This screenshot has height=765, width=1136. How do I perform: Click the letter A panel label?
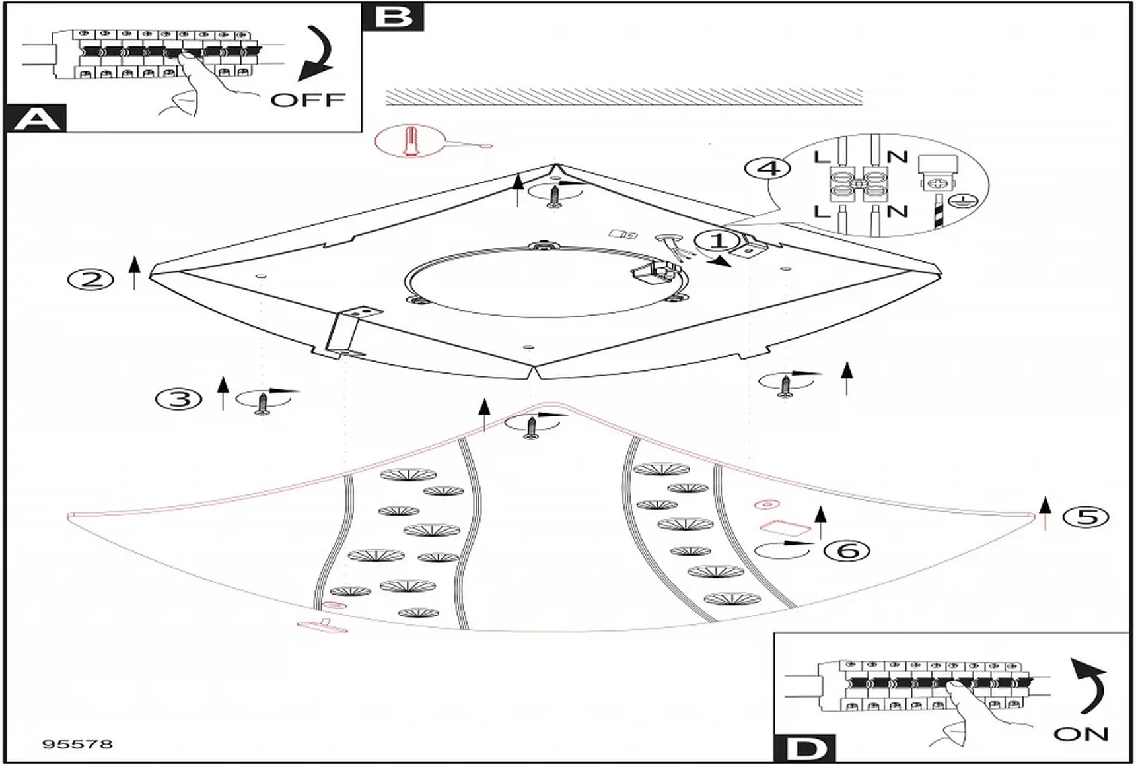coord(37,119)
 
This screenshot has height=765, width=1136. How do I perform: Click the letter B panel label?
coord(393,17)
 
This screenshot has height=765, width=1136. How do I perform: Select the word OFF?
coord(308,100)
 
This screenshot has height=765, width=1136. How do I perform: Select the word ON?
coord(1081,733)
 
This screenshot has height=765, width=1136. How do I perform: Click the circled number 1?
coord(719,240)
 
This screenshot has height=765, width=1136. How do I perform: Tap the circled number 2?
coord(90,279)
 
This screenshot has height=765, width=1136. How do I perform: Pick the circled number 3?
coord(178,399)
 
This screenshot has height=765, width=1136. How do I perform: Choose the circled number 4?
coord(767,168)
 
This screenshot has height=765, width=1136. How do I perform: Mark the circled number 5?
coord(1086,516)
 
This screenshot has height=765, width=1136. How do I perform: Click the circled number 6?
coord(848,550)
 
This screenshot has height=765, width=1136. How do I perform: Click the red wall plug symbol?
coord(410,141)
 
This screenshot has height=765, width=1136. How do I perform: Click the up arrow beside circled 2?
coord(135,273)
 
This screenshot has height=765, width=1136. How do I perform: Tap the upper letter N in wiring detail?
coord(897,157)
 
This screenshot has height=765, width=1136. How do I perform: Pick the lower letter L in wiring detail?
coord(821,211)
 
